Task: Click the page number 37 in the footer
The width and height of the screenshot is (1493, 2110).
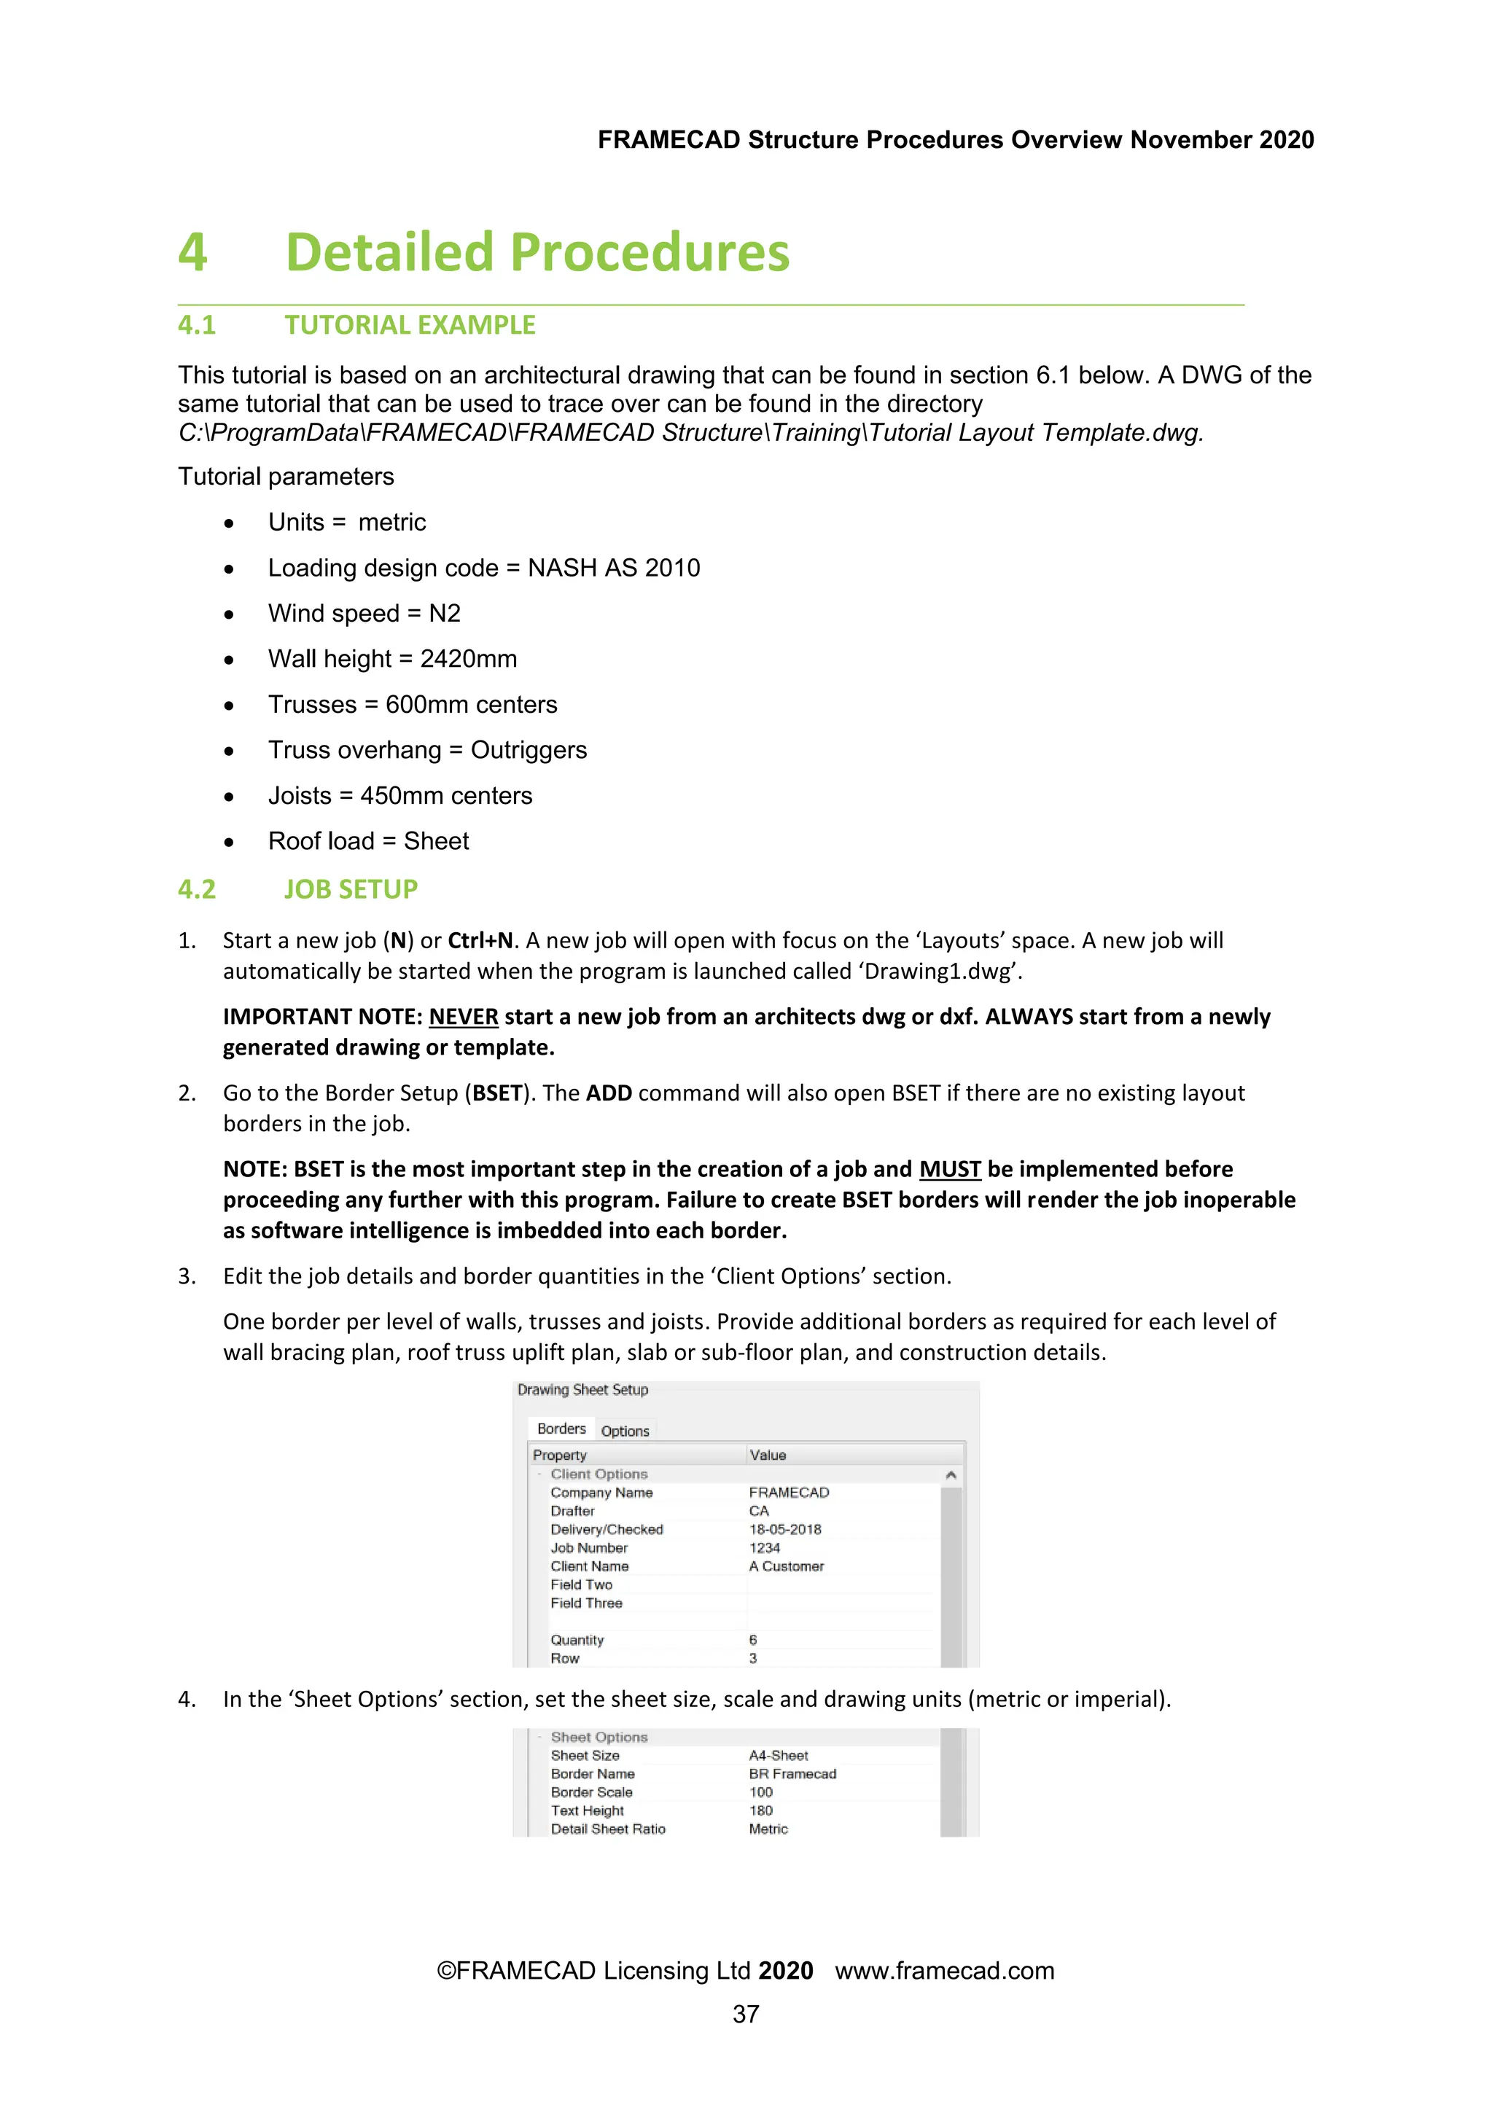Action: pyautogui.click(x=746, y=2014)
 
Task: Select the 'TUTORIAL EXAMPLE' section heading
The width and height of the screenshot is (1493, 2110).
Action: pyautogui.click(x=409, y=325)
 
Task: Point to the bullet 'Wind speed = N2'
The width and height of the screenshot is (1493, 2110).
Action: pyautogui.click(x=364, y=613)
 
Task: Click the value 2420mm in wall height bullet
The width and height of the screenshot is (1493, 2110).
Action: pyautogui.click(x=468, y=659)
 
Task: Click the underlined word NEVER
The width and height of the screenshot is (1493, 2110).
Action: pyautogui.click(x=464, y=1017)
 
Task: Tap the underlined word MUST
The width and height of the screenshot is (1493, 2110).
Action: pyautogui.click(x=950, y=1169)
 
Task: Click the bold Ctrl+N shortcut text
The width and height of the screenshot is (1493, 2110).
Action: pyautogui.click(x=480, y=940)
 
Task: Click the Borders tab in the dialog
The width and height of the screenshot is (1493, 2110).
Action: pyautogui.click(x=561, y=1429)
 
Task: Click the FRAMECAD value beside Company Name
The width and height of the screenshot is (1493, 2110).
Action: pyautogui.click(x=788, y=1493)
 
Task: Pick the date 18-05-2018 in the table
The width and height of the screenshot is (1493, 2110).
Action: pyautogui.click(x=784, y=1529)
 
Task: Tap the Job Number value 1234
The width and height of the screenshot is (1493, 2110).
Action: pyautogui.click(x=764, y=1547)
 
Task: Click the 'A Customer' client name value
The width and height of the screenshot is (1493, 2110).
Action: pyautogui.click(x=786, y=1566)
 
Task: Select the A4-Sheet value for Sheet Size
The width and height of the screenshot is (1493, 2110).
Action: pyautogui.click(x=778, y=1755)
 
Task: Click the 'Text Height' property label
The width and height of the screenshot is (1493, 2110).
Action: pyautogui.click(x=587, y=1810)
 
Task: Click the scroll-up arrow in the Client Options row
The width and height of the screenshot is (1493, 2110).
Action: pyautogui.click(x=951, y=1475)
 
